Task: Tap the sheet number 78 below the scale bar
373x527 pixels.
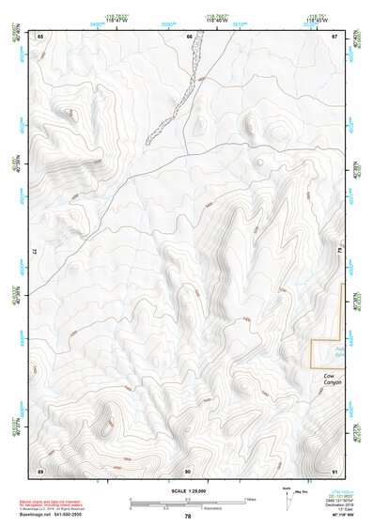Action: [188, 516]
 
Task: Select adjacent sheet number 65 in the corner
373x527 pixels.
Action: [40, 36]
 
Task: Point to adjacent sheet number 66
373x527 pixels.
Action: [189, 36]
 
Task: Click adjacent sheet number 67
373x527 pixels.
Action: [335, 36]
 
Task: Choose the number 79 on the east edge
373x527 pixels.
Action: [342, 252]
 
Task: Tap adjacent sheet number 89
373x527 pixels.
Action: [40, 470]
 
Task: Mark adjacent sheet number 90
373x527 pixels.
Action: [188, 470]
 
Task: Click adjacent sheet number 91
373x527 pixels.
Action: [335, 470]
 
